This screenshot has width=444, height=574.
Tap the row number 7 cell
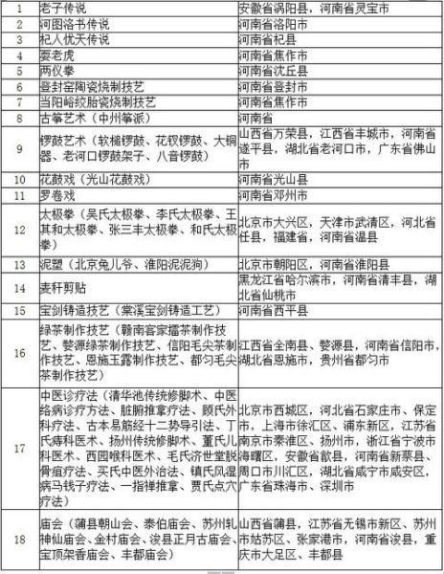click(x=19, y=101)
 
